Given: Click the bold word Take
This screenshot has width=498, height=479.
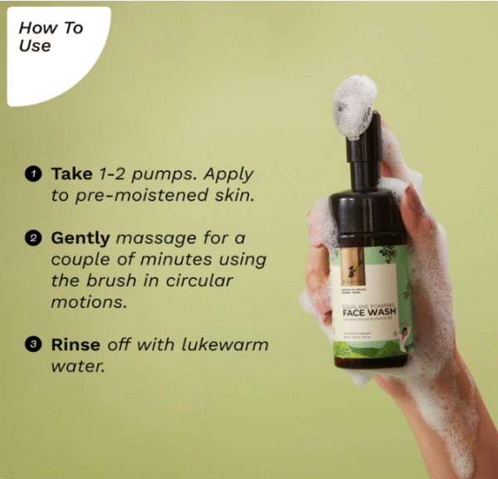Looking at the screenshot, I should pyautogui.click(x=71, y=174).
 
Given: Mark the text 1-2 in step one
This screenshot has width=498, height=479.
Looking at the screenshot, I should pyautogui.click(x=112, y=174).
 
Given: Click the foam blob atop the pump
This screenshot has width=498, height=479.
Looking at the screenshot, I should pyautogui.click(x=354, y=103).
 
